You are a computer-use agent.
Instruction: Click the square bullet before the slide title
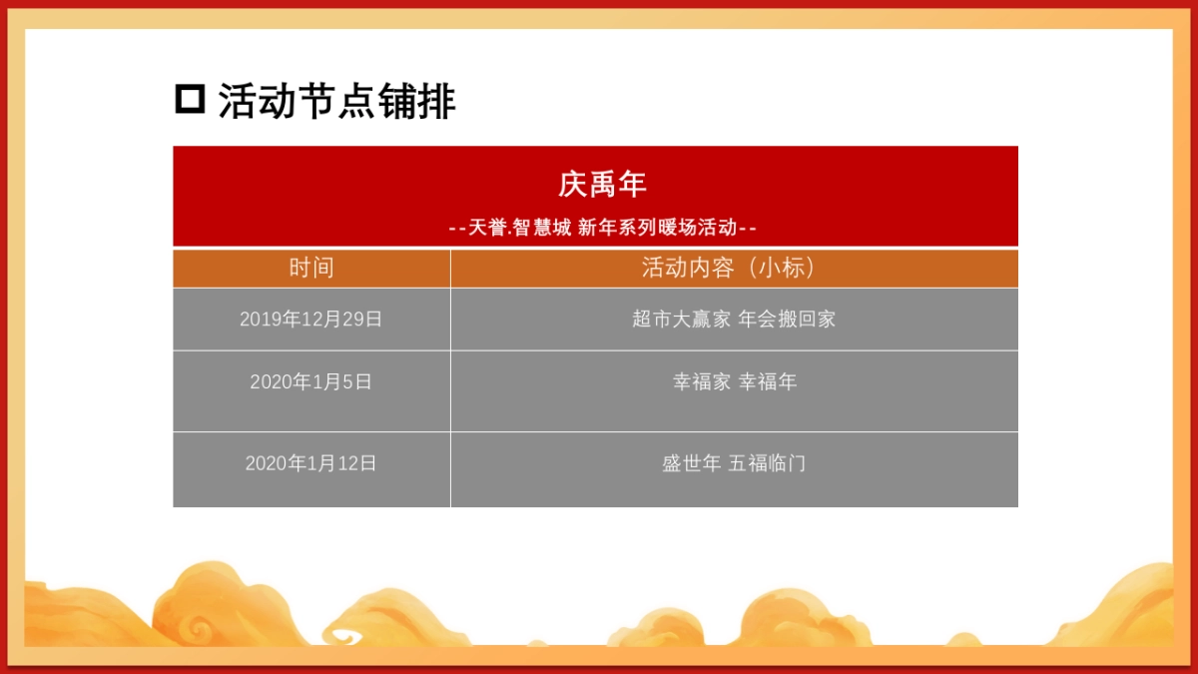[190, 100]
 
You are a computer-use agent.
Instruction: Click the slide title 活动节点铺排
[336, 102]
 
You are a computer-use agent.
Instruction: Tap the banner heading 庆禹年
[602, 185]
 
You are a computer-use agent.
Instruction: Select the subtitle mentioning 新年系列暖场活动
[602, 228]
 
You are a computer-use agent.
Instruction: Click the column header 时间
[311, 268]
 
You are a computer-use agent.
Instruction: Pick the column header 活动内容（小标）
[734, 268]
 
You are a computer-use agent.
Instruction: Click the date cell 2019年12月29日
[311, 320]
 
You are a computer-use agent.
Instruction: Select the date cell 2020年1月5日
[311, 381]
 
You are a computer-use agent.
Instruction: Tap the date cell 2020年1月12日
[311, 463]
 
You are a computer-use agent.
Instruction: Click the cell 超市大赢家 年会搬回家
[734, 320]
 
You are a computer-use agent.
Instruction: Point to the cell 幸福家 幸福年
[734, 381]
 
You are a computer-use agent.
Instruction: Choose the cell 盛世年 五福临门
[734, 463]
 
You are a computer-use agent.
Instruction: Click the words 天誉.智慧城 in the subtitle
[519, 228]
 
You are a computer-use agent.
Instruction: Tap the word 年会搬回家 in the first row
[787, 320]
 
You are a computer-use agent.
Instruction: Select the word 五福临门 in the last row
[767, 463]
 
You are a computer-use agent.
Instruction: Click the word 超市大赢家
[681, 320]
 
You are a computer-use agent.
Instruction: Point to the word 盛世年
[691, 463]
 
